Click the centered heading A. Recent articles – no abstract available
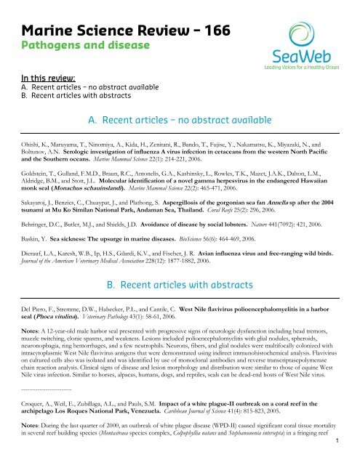(x=180, y=118)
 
